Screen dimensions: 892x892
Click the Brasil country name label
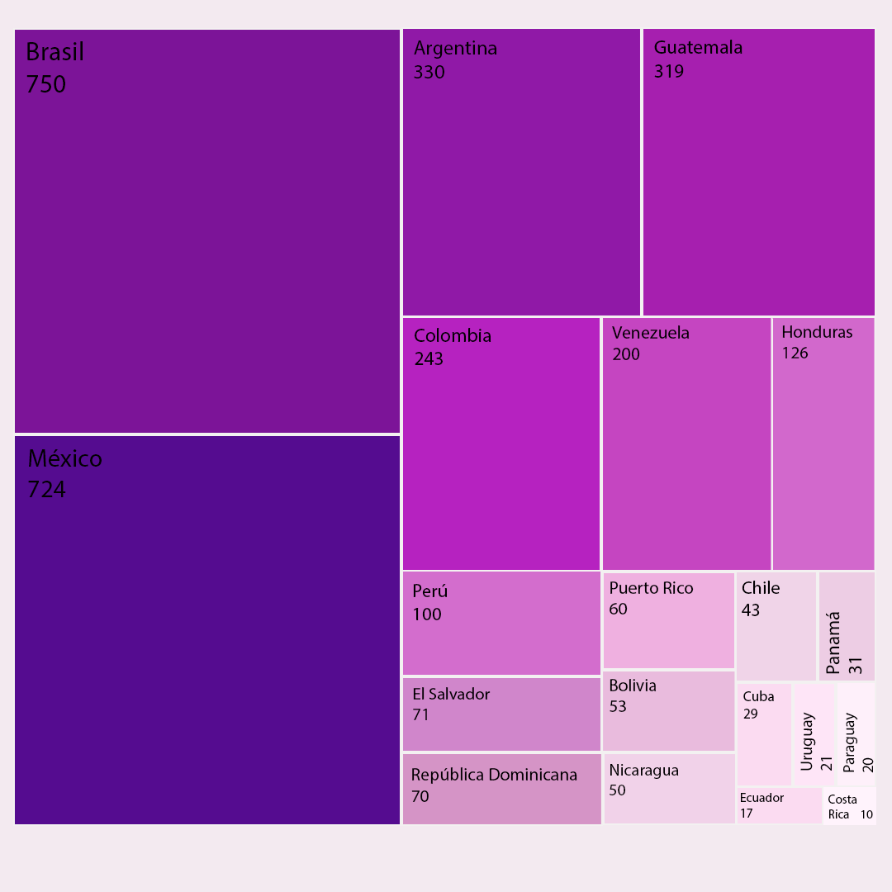pyautogui.click(x=55, y=52)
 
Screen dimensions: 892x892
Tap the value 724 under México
pyautogui.click(x=46, y=490)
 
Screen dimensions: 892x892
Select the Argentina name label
pyautogui.click(x=455, y=48)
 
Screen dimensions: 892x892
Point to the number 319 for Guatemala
pyautogui.click(x=669, y=71)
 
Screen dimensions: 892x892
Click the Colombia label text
pyautogui.click(x=453, y=335)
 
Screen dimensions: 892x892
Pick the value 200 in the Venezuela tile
pyautogui.click(x=626, y=354)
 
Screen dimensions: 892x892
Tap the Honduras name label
pyautogui.click(x=817, y=332)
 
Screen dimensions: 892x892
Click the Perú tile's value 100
pyautogui.click(x=427, y=614)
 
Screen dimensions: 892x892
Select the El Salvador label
pyautogui.click(x=451, y=694)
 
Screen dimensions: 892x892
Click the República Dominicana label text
pyautogui.click(x=494, y=775)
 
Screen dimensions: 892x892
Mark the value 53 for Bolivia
pyautogui.click(x=618, y=706)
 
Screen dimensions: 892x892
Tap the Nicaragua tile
pyautogui.click(x=669, y=789)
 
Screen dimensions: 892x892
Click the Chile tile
pyautogui.click(x=776, y=626)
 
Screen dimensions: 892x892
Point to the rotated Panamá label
pyautogui.click(x=833, y=643)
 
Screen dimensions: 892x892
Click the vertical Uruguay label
pyautogui.click(x=807, y=741)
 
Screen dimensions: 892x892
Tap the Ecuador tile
pyautogui.click(x=779, y=805)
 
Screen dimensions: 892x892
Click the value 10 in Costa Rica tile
pyautogui.click(x=866, y=814)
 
